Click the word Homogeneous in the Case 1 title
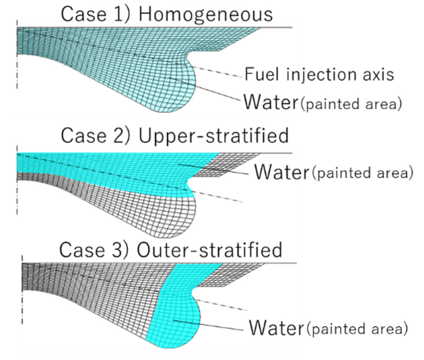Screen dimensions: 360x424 tap(206, 14)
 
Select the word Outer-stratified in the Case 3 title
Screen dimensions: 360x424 tap(210, 250)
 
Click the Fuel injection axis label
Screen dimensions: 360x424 tap(319, 75)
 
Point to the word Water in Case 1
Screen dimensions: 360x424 tap(270, 102)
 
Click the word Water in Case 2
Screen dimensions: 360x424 tap(281, 172)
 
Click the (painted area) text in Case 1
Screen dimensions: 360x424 tap(350, 104)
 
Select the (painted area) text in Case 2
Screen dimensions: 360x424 tap(362, 174)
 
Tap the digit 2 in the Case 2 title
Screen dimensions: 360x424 tap(119, 136)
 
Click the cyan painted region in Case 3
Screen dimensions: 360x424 tap(174, 313)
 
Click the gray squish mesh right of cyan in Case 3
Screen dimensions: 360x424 tap(237, 275)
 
